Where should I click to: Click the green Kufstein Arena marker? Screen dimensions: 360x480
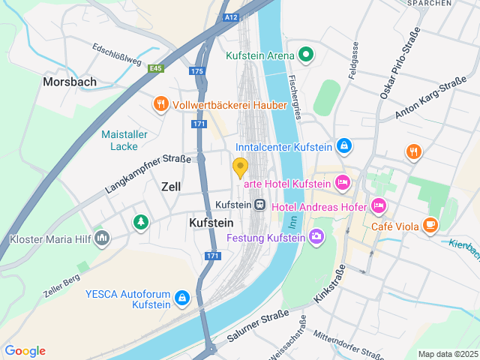click(305, 54)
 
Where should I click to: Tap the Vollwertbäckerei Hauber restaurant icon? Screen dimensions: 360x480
click(160, 105)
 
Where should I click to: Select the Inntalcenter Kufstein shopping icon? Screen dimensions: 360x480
click(343, 145)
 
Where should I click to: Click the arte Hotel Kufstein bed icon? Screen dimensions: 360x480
click(342, 182)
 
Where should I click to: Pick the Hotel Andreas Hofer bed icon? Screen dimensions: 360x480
click(379, 205)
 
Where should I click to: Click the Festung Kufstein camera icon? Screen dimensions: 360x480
click(316, 237)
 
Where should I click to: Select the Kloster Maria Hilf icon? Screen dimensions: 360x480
click(101, 238)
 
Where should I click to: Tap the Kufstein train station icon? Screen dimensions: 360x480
click(259, 204)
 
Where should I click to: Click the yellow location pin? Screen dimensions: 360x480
click(240, 167)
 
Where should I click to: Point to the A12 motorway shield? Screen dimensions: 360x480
click(232, 16)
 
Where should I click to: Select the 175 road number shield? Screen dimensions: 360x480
click(197, 71)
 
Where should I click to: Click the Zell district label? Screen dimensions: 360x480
click(171, 186)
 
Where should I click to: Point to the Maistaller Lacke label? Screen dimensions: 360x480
click(124, 140)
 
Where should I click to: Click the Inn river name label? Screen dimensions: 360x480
click(293, 220)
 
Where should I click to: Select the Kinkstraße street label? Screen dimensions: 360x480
click(329, 283)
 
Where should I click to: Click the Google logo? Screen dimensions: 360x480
click(25, 351)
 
